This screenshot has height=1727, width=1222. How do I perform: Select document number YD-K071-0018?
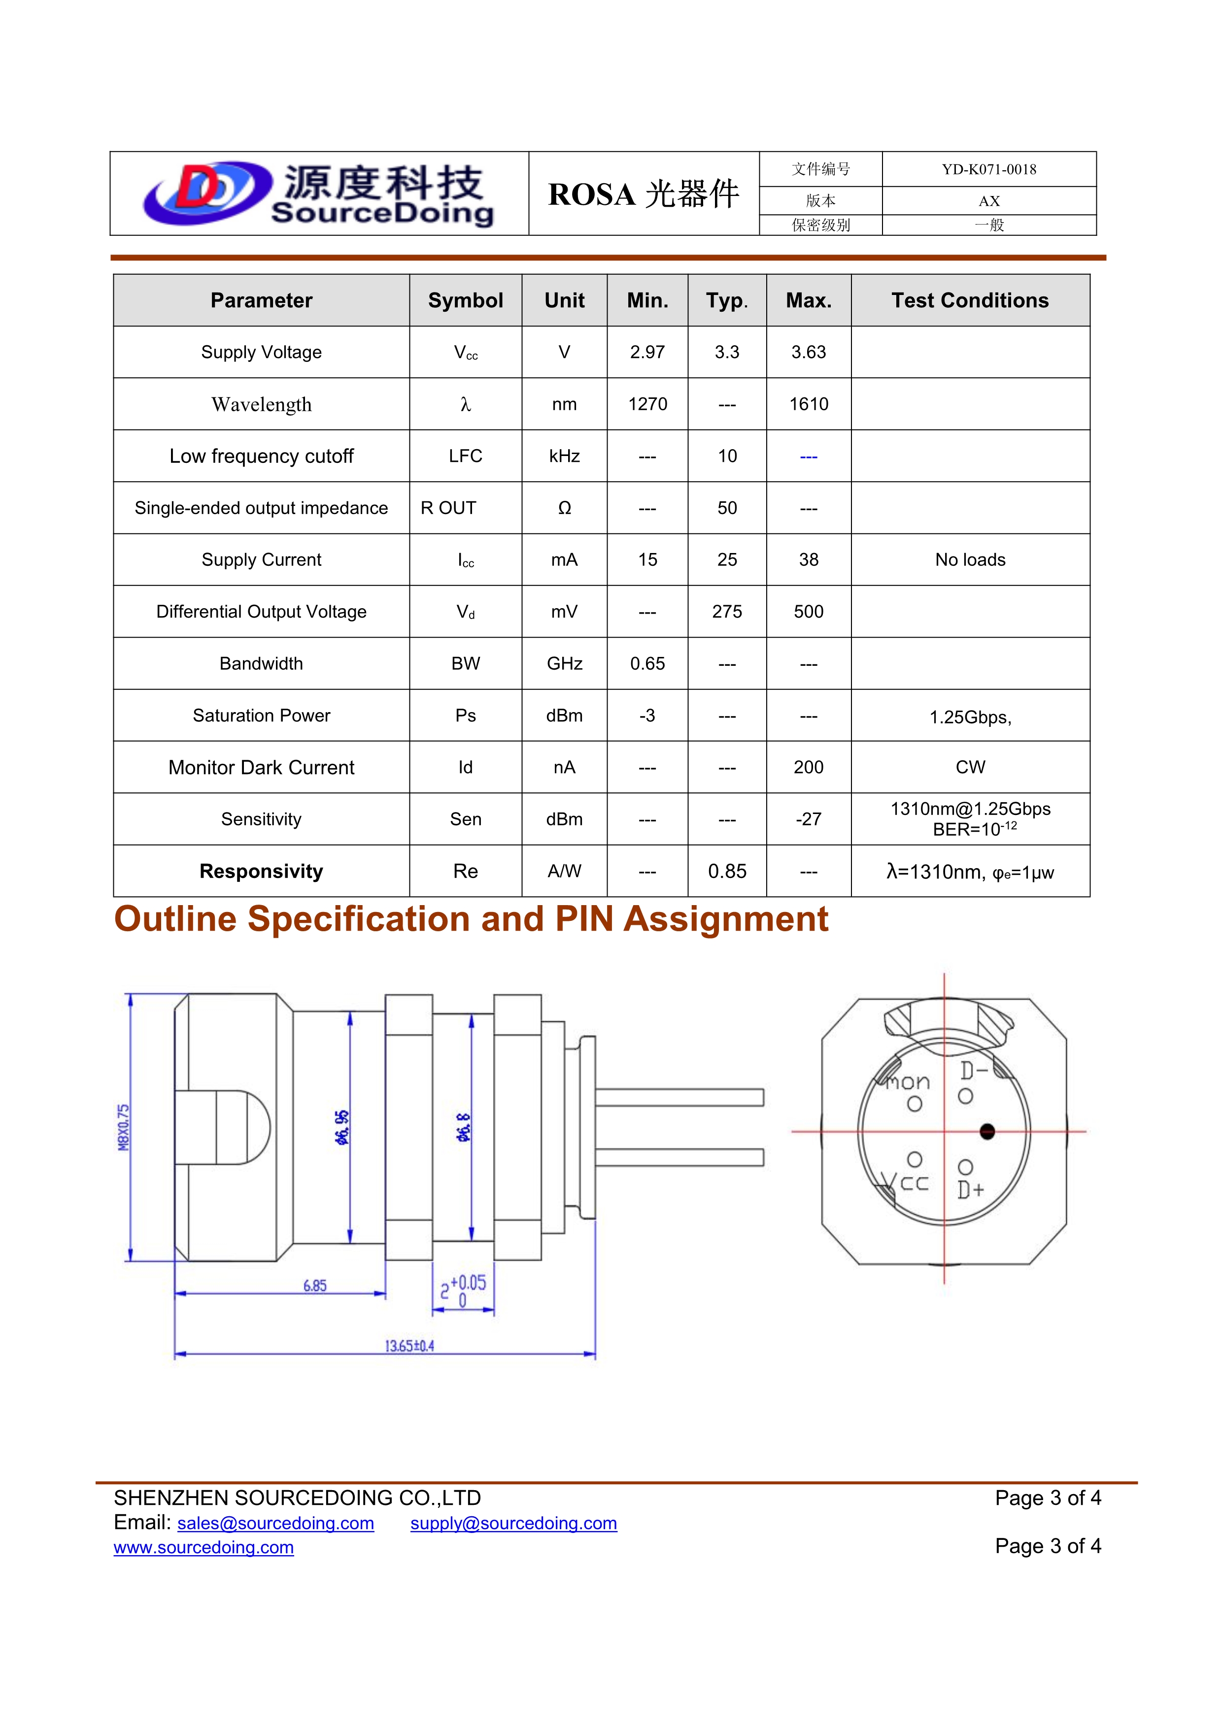[x=989, y=169]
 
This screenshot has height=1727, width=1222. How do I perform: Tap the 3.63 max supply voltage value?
[x=808, y=352]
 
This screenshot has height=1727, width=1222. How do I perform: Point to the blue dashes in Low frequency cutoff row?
[x=808, y=456]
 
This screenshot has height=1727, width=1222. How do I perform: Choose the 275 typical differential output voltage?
[x=727, y=612]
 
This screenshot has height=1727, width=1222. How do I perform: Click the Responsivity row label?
[x=261, y=871]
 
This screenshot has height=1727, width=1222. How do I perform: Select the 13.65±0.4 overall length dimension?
[x=409, y=1346]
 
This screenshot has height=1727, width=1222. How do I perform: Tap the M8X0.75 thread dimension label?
[x=123, y=1128]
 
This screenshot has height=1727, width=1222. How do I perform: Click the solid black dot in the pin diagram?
[x=987, y=1131]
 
